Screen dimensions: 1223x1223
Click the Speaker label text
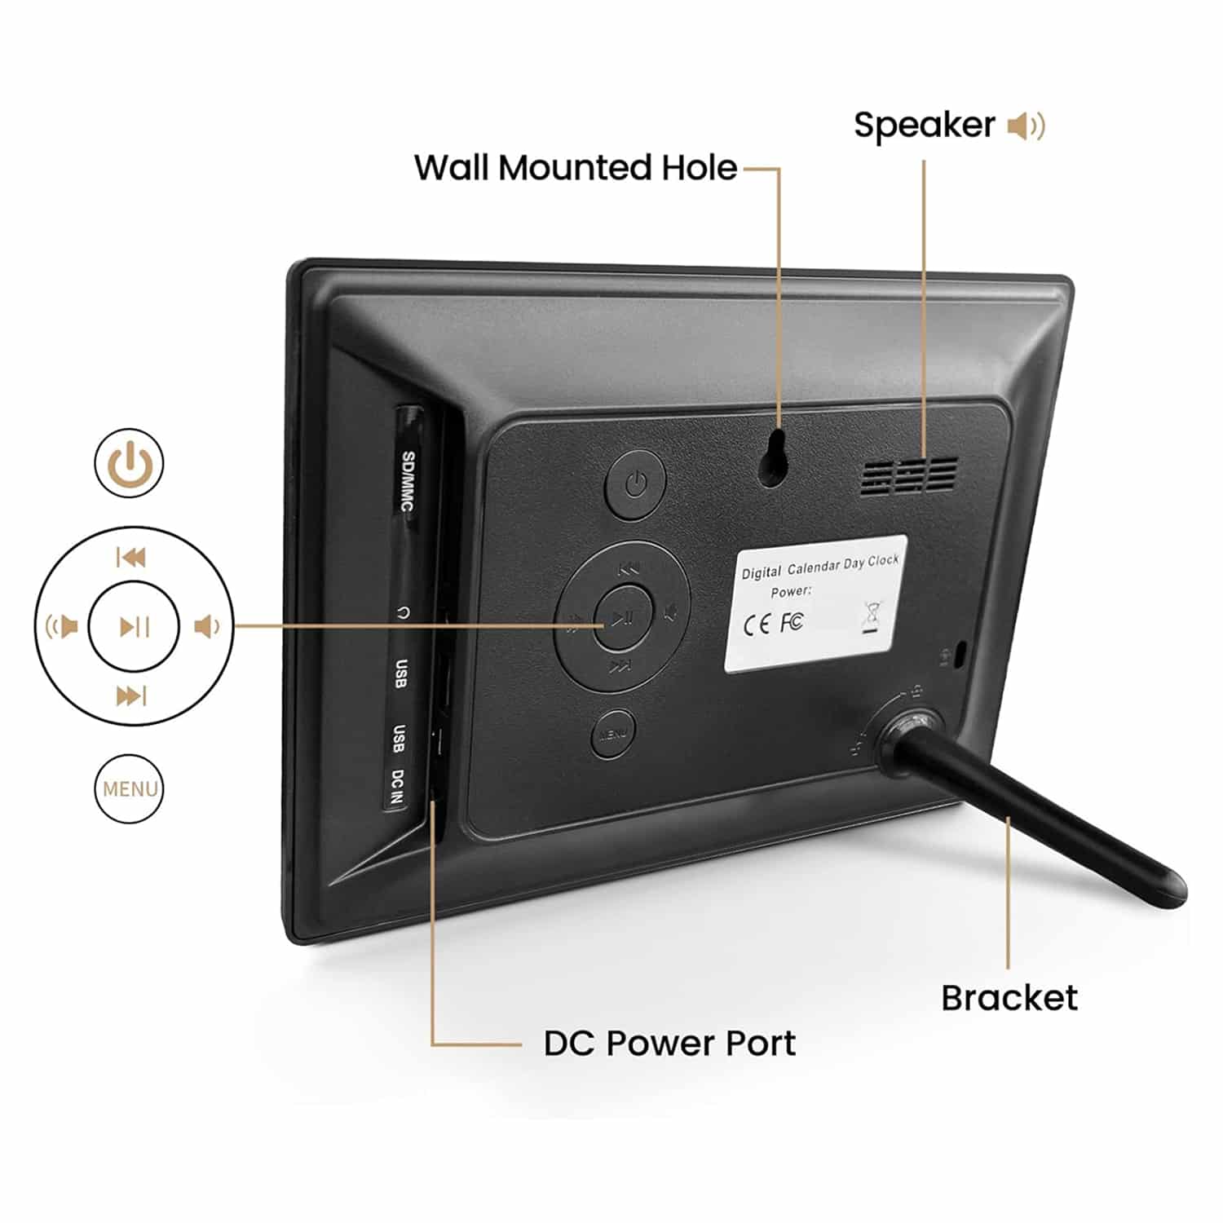point(924,126)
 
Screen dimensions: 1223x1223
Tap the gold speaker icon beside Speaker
point(1026,126)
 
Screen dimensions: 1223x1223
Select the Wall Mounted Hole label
point(576,168)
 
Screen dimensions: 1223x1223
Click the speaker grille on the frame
point(908,476)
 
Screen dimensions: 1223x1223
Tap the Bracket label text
point(1009,998)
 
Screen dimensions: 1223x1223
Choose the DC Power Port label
point(669,1044)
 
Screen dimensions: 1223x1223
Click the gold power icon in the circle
point(130,463)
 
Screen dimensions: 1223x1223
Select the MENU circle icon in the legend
point(129,789)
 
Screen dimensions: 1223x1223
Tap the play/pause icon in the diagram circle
point(134,626)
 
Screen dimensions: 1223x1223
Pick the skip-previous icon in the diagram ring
point(131,558)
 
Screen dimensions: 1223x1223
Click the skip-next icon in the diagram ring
point(131,695)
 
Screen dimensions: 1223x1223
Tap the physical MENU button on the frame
point(612,734)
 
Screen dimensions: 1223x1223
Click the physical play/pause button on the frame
point(623,617)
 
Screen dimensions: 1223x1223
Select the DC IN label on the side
point(397,787)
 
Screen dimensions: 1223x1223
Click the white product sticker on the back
point(815,603)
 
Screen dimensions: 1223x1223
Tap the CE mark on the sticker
point(756,625)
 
